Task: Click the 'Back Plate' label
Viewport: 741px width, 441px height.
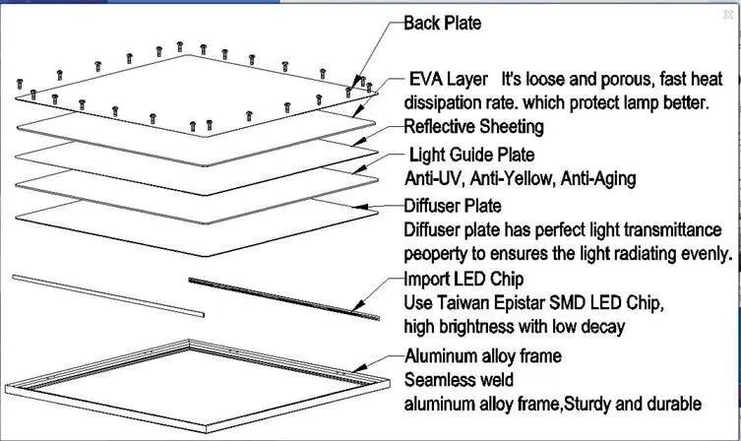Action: [x=442, y=23]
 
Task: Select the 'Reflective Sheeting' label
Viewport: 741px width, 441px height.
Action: [x=473, y=127]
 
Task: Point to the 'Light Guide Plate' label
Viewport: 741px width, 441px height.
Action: [x=471, y=155]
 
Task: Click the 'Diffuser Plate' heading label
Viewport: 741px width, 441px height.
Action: [x=453, y=206]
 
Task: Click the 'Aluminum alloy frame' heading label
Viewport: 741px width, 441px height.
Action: [x=482, y=355]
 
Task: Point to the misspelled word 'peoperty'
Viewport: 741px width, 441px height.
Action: [x=437, y=253]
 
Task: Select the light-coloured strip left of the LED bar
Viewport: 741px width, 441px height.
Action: [x=108, y=294]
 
